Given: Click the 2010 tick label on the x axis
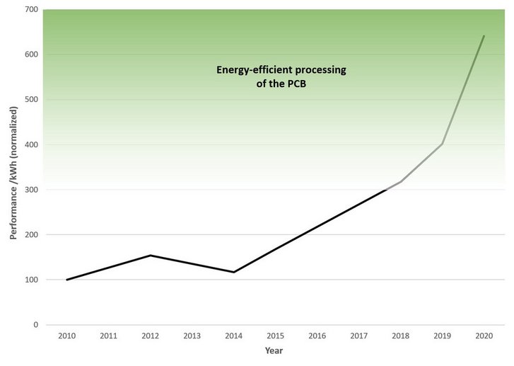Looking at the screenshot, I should coord(67,336).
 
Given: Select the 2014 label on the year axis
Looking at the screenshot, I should coord(234,336).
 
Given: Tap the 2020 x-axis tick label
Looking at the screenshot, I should coord(484,336).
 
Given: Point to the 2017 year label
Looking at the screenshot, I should coord(359,336).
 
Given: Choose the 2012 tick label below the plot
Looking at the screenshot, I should coord(151,336).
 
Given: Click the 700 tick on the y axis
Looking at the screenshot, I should coord(30,9).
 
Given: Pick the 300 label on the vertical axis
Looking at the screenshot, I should coord(30,190).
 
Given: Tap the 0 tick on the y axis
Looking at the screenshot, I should coord(35,325).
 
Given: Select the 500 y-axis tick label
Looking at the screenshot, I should coord(30,100).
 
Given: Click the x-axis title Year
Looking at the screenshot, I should coord(275,350).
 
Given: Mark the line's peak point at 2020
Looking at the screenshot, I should coord(484,35).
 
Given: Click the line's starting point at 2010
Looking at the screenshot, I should coord(67,280).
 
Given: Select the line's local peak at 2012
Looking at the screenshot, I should coord(151,256).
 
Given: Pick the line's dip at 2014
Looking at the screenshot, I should coord(234,272).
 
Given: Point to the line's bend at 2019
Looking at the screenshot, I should coord(443,144).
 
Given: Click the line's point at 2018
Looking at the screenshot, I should coord(401,182).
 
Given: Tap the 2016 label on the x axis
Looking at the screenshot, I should coord(317,336).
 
